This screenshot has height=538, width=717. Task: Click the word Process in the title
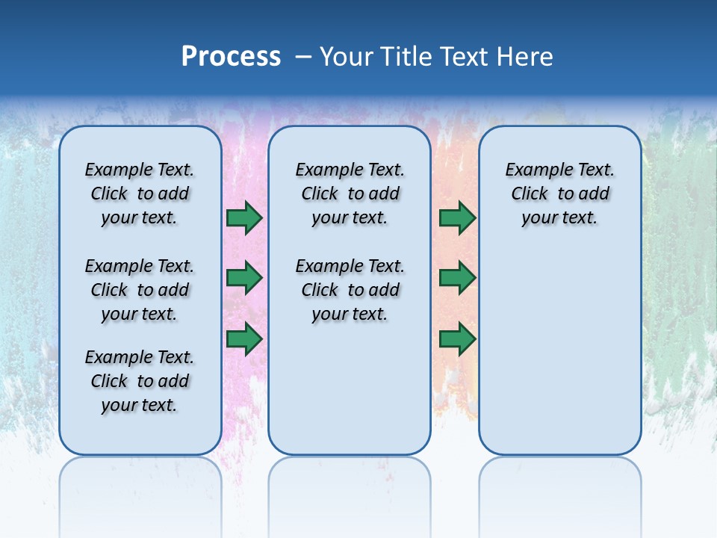[231, 57]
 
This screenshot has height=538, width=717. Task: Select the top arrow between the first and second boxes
[244, 218]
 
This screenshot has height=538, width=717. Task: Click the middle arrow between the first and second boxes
[244, 278]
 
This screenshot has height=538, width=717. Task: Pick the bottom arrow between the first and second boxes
[244, 339]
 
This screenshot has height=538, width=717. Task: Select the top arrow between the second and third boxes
[457, 218]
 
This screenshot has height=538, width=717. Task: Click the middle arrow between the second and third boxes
[457, 278]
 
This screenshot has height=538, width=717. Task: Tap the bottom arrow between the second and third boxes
[457, 339]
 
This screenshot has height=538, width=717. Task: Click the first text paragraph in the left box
[140, 194]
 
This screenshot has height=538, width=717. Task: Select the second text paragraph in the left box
[140, 290]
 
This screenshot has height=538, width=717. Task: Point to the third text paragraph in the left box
[140, 381]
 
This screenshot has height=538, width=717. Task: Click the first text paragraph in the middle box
[350, 194]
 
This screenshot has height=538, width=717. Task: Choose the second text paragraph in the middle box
[350, 290]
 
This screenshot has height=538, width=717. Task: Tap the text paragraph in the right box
[560, 194]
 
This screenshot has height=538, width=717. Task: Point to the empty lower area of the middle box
[350, 389]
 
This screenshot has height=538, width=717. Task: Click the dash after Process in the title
[303, 57]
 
